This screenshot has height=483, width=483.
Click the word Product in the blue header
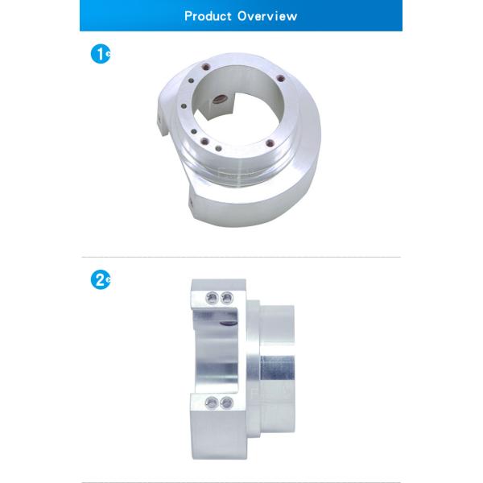208,16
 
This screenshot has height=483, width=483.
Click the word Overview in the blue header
267,16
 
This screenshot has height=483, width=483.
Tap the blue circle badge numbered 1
100,54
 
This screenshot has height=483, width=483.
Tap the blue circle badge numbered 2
100,279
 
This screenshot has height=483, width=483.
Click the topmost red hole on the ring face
205,66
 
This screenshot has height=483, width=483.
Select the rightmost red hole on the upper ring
280,78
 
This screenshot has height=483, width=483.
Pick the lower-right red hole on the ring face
270,143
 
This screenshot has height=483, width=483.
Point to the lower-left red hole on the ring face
204,142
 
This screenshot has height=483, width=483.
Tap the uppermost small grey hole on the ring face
191,80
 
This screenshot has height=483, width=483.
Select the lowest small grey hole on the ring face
218,149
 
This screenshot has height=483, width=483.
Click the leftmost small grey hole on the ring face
184,106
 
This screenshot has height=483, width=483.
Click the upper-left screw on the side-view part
213,298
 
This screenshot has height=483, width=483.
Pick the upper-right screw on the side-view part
227,298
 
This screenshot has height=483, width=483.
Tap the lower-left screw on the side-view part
212,403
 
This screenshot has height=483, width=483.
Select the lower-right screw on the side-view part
227,403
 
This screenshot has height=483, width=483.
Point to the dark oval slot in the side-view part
229,324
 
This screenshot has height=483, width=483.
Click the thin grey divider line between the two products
242,257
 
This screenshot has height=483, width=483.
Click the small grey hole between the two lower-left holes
194,132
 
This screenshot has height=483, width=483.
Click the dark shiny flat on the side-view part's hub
277,368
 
